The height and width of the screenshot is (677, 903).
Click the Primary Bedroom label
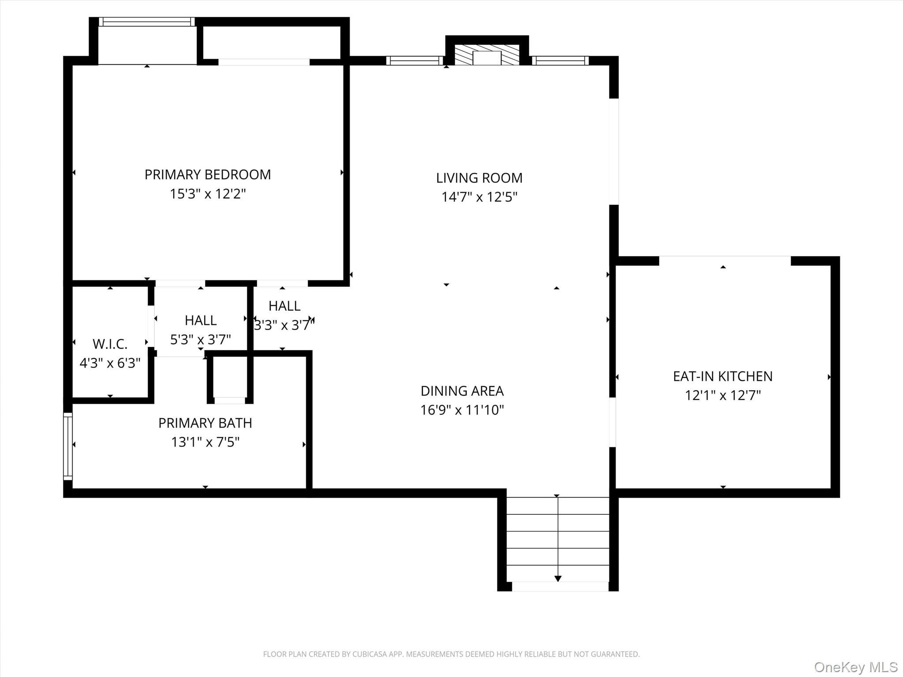(x=208, y=175)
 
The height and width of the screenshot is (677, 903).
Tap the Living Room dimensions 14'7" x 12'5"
(x=479, y=197)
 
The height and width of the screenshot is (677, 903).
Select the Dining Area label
(x=462, y=391)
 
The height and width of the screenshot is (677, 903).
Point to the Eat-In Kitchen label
(x=723, y=376)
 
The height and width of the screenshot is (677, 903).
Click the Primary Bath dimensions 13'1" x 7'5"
(x=205, y=442)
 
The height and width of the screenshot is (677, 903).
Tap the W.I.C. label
(x=110, y=344)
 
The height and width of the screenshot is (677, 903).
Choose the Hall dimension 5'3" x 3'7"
(x=201, y=339)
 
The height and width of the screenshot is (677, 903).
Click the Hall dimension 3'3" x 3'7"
(x=284, y=325)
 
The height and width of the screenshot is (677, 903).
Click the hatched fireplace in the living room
(x=487, y=55)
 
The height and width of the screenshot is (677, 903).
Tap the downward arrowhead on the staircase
(x=558, y=579)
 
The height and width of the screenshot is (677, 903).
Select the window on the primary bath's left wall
(x=68, y=446)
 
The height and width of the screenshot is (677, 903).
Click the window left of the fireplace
(x=414, y=60)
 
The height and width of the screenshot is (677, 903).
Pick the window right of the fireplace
(x=560, y=60)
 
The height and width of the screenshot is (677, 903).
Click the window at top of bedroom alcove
(x=146, y=22)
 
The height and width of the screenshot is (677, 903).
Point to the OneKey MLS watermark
(x=856, y=667)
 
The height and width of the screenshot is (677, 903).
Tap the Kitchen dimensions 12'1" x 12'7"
(x=723, y=395)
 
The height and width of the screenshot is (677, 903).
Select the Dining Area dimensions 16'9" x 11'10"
(x=462, y=410)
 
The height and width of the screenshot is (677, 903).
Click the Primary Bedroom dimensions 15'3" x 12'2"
(x=208, y=194)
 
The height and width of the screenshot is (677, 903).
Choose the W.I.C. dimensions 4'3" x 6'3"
(x=110, y=363)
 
